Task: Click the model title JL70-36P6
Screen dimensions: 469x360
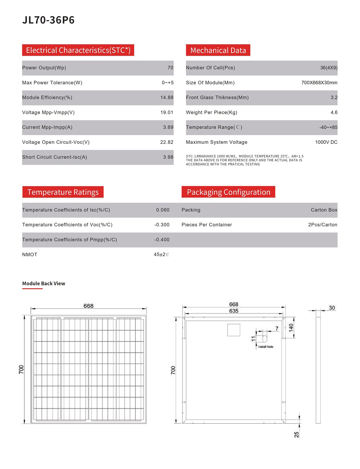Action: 48,20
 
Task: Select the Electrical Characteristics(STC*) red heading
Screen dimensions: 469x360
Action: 78,50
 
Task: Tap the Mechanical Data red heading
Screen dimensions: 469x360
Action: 218,50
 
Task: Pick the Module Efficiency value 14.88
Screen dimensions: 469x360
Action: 167,98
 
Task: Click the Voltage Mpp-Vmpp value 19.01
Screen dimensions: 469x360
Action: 167,112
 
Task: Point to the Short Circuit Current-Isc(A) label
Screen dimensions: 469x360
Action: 54,157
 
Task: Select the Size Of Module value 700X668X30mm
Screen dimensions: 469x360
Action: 319,83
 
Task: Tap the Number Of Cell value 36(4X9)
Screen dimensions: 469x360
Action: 329,68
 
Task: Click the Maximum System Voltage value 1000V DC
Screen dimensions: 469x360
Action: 326,142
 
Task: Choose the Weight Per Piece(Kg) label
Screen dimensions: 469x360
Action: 211,112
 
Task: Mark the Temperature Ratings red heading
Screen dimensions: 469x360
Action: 63,192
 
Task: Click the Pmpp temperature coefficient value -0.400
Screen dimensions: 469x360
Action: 162,240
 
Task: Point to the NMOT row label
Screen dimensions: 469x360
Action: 30,255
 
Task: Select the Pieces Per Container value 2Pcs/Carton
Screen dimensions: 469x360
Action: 323,225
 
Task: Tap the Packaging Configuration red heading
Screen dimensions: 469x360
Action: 228,192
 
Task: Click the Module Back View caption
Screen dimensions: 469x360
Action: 44,283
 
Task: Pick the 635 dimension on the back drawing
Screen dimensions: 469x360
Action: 234,311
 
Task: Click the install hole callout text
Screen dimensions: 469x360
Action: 266,347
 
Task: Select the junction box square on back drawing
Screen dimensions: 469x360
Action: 234,330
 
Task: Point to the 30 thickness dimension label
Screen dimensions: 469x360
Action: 332,308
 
